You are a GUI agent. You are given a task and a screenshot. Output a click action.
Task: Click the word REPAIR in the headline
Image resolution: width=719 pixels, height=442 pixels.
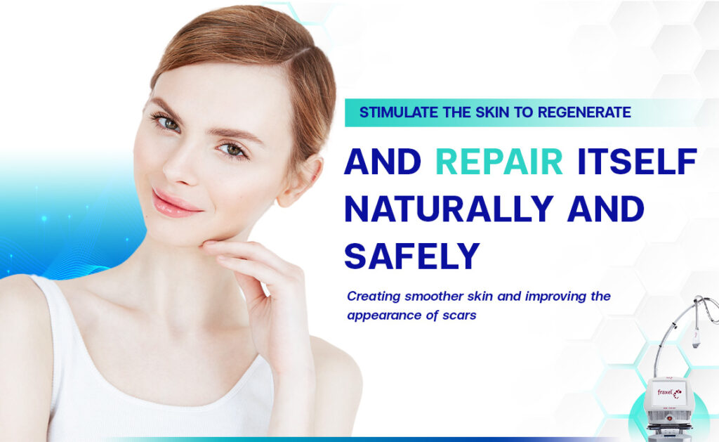499,162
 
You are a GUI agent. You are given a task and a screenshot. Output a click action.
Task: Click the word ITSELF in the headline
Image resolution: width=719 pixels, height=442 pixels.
636,162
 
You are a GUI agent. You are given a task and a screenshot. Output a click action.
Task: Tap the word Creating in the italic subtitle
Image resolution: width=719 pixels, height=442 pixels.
372,296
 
